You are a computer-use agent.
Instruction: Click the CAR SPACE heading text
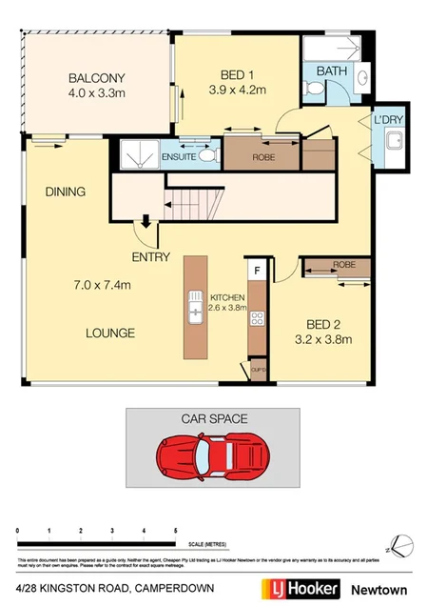pos(213,417)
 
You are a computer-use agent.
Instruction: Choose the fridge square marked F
pos(256,271)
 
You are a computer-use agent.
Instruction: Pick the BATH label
pos(332,71)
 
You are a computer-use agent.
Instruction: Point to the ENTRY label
pos(151,257)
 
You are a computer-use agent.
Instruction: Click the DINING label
pos(66,192)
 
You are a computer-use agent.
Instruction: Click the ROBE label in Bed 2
pos(343,266)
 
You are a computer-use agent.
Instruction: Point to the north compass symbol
pos(399,544)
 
